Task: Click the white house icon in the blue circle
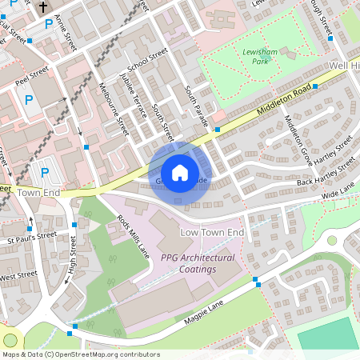(x=180, y=172)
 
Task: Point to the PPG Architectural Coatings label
(x=198, y=263)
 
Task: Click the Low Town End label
(x=212, y=232)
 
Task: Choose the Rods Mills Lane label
(x=134, y=234)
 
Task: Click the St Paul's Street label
(x=32, y=236)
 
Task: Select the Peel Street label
(x=32, y=74)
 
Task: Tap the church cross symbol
(x=42, y=7)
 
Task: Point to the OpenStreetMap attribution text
(x=80, y=354)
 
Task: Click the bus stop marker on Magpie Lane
(x=256, y=281)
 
